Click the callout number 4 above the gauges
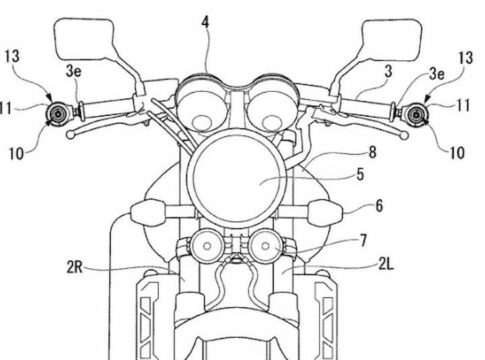pos(205,23)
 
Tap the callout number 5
pos(360,175)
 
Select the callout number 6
pos(379,206)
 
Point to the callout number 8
pos(372,152)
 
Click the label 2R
pos(74,267)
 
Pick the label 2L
pos(386,264)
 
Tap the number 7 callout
pos(363,240)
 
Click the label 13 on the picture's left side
pos(12,56)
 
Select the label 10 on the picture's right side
pos(457,153)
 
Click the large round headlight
pos(236,179)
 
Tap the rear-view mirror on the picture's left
pos(84,39)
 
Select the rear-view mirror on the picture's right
pos(391,40)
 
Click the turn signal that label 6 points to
pos(326,212)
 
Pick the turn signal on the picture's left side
pos(147,212)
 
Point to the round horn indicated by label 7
pos(266,246)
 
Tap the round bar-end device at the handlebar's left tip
pos(58,114)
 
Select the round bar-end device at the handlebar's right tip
pos(416,115)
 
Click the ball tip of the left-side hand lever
pos(70,135)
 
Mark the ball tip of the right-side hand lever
pos(404,136)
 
